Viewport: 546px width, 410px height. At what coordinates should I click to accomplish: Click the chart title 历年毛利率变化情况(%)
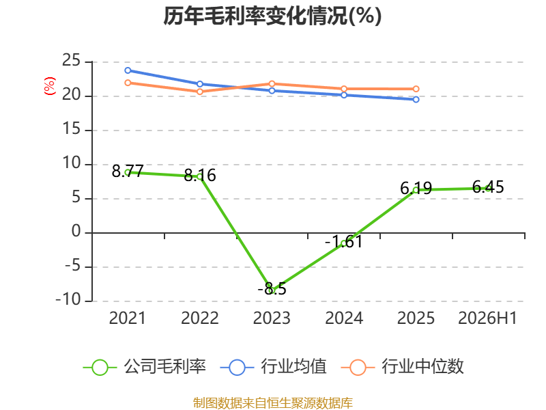pyautogui.click(x=272, y=16)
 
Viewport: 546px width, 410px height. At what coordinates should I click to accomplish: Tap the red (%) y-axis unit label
pyautogui.click(x=49, y=86)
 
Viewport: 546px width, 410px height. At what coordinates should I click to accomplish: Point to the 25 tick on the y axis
pyautogui.click(x=72, y=61)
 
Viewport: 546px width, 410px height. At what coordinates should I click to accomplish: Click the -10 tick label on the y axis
pyautogui.click(x=68, y=300)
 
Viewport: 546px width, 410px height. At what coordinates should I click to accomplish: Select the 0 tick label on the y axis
pyautogui.click(x=76, y=232)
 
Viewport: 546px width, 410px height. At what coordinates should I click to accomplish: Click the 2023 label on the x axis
pyautogui.click(x=272, y=318)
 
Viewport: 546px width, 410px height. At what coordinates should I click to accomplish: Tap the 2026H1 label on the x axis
pyautogui.click(x=487, y=318)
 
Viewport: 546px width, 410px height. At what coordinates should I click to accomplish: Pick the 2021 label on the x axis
pyautogui.click(x=128, y=318)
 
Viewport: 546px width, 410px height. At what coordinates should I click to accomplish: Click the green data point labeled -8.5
pyautogui.click(x=272, y=290)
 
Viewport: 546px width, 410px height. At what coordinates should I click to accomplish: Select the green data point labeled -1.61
pyautogui.click(x=344, y=243)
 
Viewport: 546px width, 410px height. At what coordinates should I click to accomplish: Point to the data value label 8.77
pyautogui.click(x=128, y=171)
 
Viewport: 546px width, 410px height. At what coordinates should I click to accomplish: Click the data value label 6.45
pyautogui.click(x=488, y=187)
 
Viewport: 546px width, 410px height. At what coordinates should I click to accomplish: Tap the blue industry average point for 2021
pyautogui.click(x=128, y=70)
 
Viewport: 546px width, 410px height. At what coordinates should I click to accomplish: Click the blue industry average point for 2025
pyautogui.click(x=416, y=100)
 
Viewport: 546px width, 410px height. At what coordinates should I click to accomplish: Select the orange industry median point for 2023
pyautogui.click(x=272, y=83)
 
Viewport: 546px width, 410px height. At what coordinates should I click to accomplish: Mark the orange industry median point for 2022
pyautogui.click(x=200, y=92)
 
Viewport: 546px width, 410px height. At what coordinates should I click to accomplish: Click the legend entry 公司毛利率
pyautogui.click(x=145, y=367)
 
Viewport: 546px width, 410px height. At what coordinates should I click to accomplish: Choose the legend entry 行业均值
pyautogui.click(x=274, y=367)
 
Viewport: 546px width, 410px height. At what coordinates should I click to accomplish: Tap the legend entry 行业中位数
pyautogui.click(x=403, y=367)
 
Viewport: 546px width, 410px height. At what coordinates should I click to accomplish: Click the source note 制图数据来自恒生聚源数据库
pyautogui.click(x=273, y=403)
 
